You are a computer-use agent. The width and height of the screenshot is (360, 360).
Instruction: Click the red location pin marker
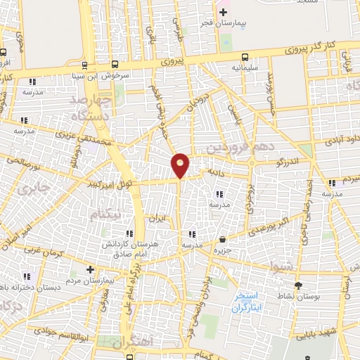(x=181, y=165)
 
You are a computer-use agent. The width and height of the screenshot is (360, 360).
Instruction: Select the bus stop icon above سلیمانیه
(x=244, y=57)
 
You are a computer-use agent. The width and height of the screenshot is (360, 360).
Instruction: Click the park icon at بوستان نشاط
(x=299, y=285)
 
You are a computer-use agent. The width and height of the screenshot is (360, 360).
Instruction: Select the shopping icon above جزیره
(x=223, y=239)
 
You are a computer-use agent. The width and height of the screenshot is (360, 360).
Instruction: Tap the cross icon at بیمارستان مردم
(x=90, y=269)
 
